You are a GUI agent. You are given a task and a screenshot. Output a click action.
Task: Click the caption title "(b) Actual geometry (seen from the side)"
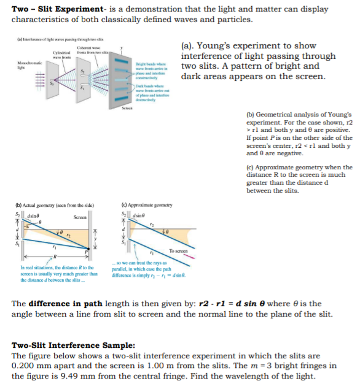pyautogui.click(x=48, y=205)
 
